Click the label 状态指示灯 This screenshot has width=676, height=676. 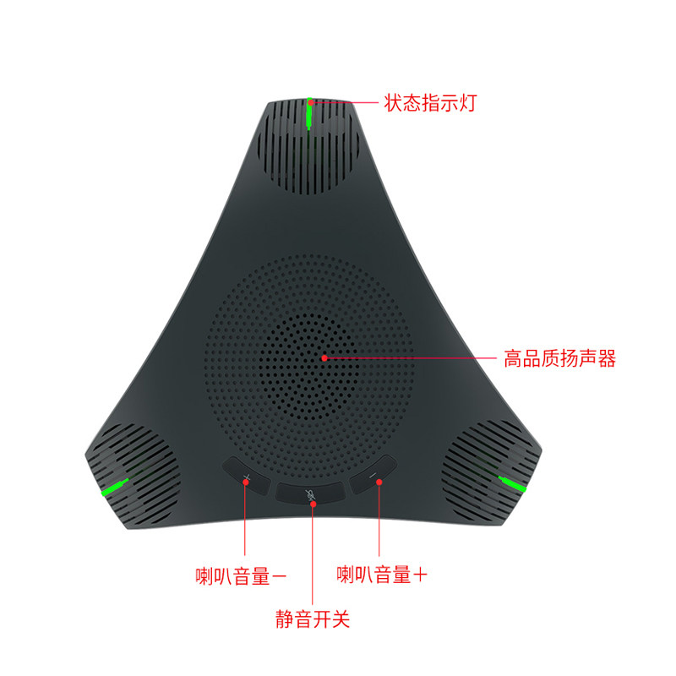[430, 103]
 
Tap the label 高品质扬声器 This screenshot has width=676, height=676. [559, 358]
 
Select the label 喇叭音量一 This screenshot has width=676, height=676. [241, 576]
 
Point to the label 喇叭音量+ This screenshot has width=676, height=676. [382, 575]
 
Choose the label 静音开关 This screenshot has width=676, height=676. [313, 619]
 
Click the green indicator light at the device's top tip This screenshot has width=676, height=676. [309, 113]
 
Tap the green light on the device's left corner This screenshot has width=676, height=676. [115, 487]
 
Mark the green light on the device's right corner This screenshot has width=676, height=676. [512, 483]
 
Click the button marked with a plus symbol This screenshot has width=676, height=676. [246, 475]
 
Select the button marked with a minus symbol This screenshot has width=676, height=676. [373, 474]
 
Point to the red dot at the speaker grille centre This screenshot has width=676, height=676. [324, 357]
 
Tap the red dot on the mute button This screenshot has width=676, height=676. [313, 504]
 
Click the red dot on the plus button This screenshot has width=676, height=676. [246, 482]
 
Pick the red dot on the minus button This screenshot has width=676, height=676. [379, 482]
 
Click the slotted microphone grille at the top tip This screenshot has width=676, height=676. [308, 146]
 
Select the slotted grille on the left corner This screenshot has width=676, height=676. [134, 473]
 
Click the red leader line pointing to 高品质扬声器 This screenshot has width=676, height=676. [411, 357]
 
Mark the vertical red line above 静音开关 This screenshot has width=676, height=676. [313, 554]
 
